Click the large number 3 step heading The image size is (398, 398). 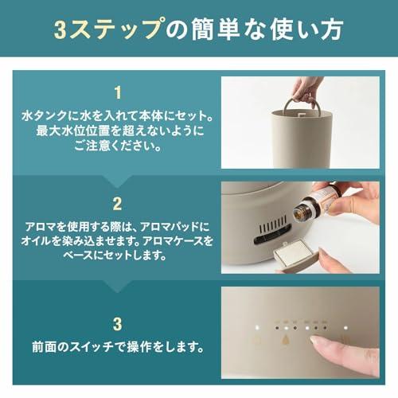tap(117, 323)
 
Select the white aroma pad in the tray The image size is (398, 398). tap(295, 255)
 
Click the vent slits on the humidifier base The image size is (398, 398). tap(266, 238)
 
